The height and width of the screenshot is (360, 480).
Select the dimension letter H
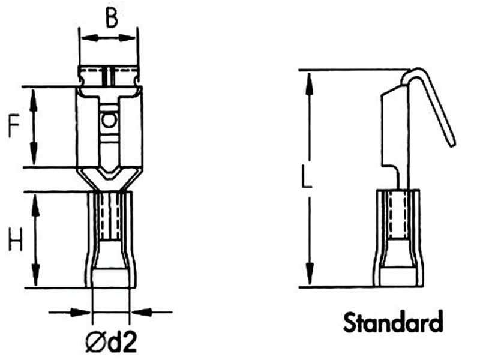pyautogui.click(x=16, y=240)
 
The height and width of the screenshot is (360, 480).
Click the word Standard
pyautogui.click(x=393, y=322)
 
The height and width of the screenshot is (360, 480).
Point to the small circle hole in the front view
pyautogui.click(x=109, y=121)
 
